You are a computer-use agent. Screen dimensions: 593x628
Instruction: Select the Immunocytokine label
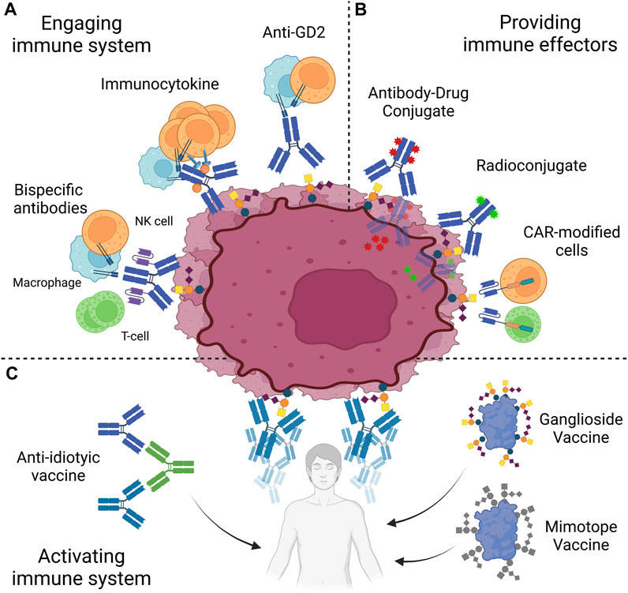[154, 84]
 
